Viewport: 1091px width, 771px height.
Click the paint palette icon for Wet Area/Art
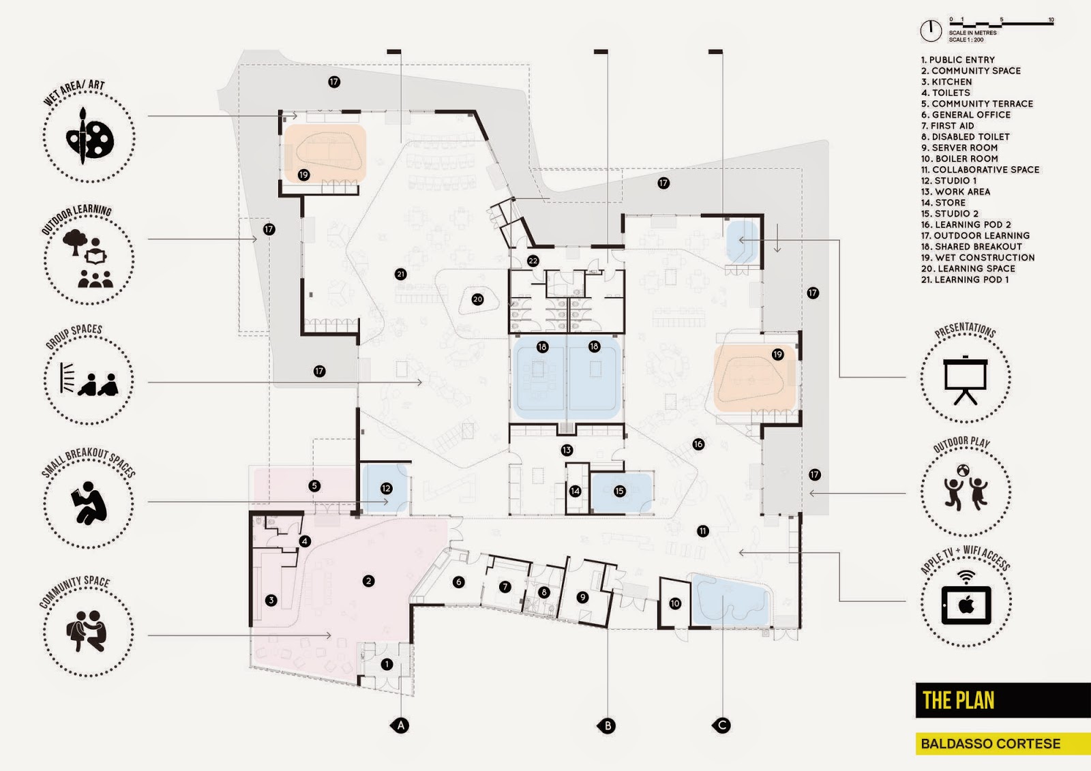tap(90, 136)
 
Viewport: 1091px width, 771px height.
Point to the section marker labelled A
tap(400, 726)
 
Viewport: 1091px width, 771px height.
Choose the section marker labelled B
tap(607, 726)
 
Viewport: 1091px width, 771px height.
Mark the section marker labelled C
tap(721, 726)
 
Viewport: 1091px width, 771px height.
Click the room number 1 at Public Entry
tap(387, 665)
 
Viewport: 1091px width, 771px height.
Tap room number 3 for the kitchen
tap(271, 600)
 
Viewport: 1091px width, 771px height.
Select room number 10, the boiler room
tap(674, 603)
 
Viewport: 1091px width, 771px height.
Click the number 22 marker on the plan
tap(533, 261)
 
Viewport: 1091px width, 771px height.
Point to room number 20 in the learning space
tap(477, 299)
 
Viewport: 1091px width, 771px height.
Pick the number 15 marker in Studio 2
tap(620, 491)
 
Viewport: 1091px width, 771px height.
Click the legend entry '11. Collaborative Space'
tap(980, 170)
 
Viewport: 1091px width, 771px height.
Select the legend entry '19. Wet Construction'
tap(978, 258)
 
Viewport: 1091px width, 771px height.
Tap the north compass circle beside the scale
tap(931, 31)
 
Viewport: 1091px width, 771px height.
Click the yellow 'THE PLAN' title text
tap(958, 700)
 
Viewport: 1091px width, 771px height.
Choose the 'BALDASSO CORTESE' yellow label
tap(990, 744)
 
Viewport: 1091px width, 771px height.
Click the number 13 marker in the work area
tap(567, 450)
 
